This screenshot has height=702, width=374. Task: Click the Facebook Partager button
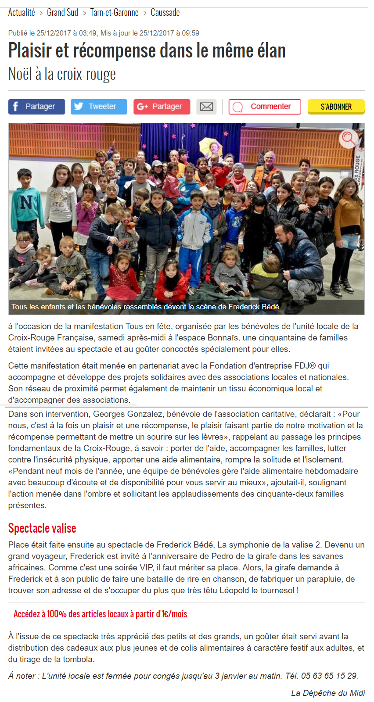36,107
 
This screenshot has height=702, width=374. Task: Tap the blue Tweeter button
99,107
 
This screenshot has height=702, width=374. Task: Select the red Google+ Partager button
162,107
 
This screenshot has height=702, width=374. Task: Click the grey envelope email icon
206,107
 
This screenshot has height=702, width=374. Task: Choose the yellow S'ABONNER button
336,107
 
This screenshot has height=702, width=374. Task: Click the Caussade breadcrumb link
165,13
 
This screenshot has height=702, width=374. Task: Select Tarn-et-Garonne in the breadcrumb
114,13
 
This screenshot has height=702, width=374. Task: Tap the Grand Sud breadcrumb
62,13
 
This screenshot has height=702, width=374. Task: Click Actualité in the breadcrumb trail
22,13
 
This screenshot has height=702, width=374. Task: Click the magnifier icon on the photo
349,139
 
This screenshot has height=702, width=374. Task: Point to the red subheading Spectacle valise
42,528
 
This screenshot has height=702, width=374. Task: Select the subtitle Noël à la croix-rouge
62,74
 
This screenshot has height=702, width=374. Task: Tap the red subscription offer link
100,614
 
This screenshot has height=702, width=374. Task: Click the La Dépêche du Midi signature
328,693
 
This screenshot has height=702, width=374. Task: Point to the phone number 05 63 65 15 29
329,676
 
